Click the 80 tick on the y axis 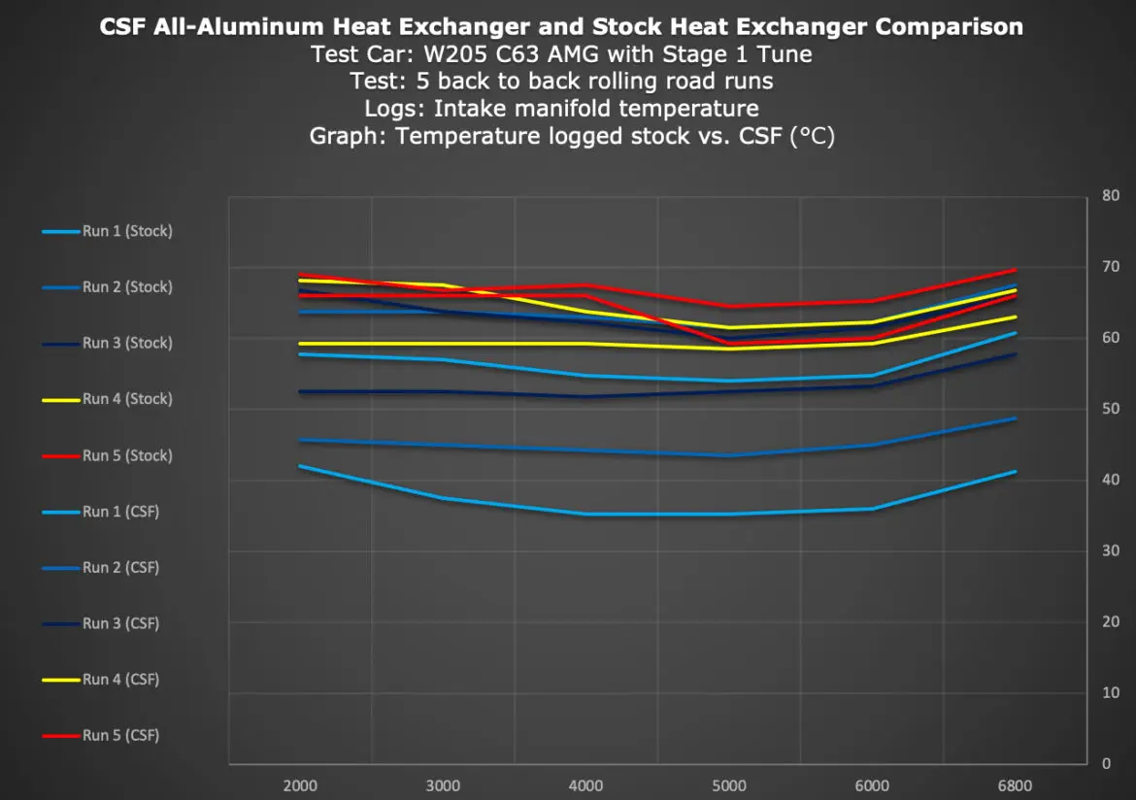pos(1111,195)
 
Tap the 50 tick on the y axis pos(1111,409)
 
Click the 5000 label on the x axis pos(729,785)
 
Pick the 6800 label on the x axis pos(1016,785)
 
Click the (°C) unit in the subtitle pos(813,136)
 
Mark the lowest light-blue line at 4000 pos(585,514)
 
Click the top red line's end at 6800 pos(1016,269)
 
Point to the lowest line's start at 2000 pos(300,466)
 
